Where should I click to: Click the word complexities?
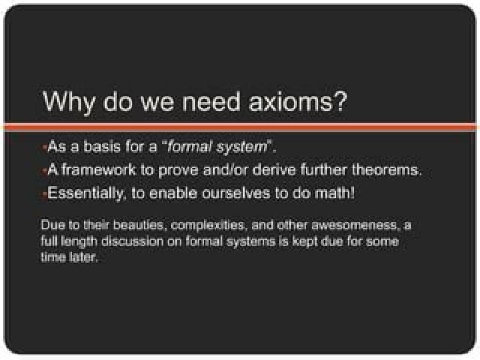click(203, 225)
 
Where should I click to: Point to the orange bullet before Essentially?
click(43, 194)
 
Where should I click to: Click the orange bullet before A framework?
click(43, 171)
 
